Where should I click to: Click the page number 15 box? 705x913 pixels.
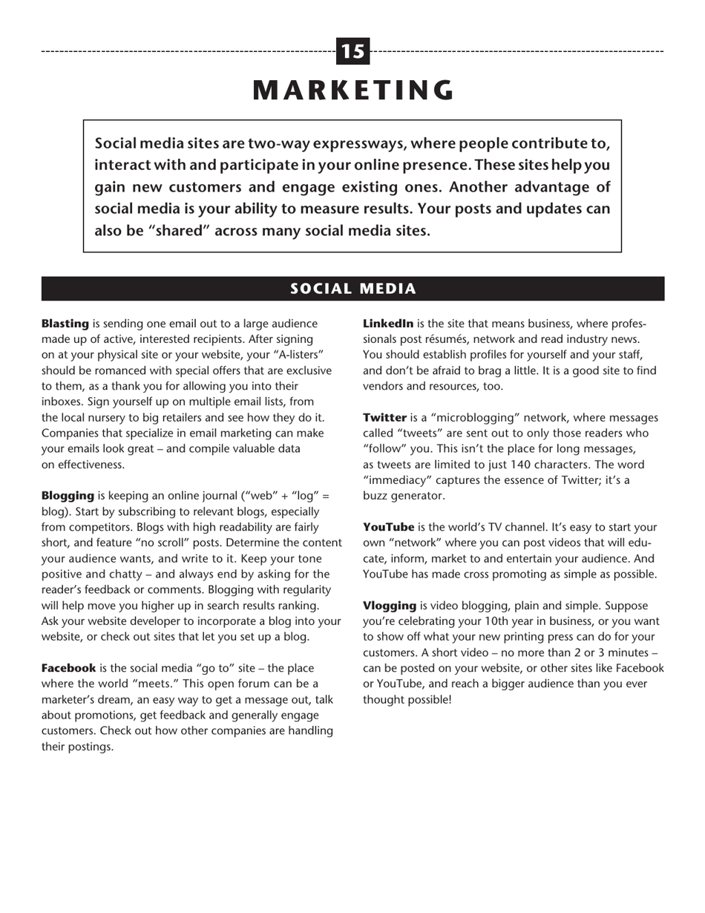pos(353,51)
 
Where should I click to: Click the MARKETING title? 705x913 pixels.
pos(353,90)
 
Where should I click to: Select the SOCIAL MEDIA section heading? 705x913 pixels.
pos(353,289)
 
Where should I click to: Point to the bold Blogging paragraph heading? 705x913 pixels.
pos(68,495)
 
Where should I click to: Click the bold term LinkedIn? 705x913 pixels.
pos(388,324)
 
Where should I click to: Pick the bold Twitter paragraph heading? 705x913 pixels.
pos(384,417)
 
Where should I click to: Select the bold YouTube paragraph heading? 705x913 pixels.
pos(388,527)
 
